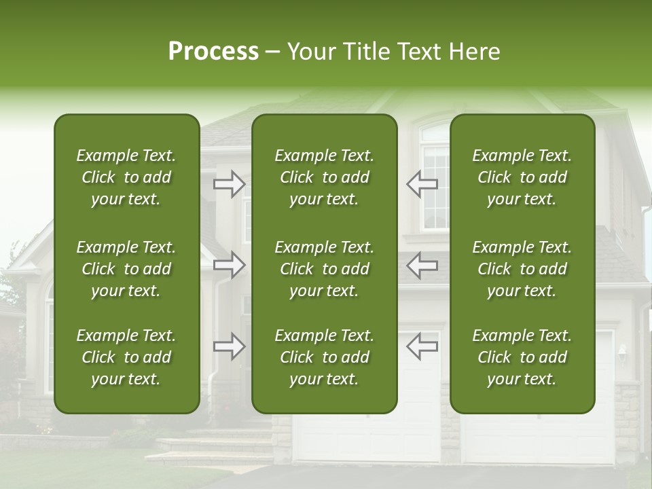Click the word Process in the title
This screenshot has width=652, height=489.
213,52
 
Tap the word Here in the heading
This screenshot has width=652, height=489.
474,52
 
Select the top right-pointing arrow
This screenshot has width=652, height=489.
230,184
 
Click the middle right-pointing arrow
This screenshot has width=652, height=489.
230,265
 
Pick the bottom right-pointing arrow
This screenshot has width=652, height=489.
230,346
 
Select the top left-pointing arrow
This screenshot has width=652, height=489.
422,184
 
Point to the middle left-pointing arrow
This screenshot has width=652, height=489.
422,265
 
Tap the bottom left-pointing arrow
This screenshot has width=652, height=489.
422,346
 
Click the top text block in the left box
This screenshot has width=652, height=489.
126,177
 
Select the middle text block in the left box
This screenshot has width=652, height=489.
126,269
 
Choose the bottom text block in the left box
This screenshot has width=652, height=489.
126,357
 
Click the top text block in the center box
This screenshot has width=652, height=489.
325,177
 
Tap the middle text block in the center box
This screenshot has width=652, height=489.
325,269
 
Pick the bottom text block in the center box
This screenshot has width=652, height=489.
325,357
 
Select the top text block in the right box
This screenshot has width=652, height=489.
522,177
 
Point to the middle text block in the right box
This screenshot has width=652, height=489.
522,269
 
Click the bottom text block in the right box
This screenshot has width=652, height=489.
522,357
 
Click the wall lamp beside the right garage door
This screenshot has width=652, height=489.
622,352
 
